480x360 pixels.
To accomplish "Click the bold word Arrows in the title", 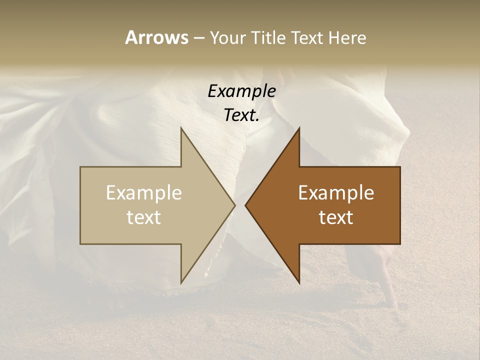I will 156,37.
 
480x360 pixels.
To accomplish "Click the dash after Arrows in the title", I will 198,38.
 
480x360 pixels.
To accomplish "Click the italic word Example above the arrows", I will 241,91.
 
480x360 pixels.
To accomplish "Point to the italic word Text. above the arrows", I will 241,115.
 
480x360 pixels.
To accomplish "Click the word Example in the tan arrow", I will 144,193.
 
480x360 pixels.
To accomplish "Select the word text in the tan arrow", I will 144,217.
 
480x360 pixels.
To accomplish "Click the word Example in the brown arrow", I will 336,193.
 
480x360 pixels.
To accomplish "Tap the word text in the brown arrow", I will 336,217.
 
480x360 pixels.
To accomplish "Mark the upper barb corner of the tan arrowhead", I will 181,128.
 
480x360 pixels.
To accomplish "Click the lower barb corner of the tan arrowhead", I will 181,283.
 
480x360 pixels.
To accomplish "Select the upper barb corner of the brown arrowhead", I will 299,128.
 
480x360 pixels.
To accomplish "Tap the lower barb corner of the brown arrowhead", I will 299,283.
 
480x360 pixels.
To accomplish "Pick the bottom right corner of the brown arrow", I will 400,243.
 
